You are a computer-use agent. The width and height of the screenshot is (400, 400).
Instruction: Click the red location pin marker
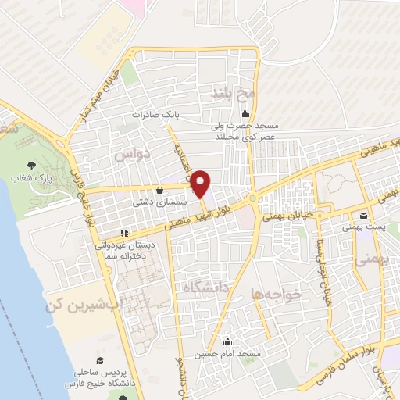[201, 184]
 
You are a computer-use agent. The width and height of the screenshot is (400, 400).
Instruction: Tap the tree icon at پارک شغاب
[32, 165]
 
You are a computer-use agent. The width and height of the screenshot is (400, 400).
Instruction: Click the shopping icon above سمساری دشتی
[160, 189]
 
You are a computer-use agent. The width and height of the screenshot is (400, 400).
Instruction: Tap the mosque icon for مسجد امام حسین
[228, 341]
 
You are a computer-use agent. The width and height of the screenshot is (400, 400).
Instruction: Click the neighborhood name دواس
[132, 156]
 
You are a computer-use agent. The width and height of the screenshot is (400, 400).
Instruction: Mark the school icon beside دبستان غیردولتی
[123, 232]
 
